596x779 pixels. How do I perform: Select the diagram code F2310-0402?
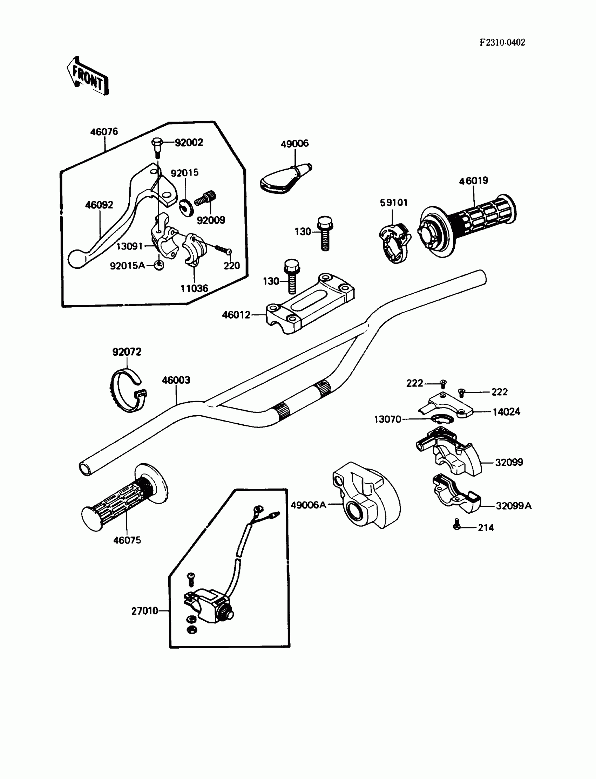(502, 42)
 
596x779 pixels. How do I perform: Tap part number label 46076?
(104, 132)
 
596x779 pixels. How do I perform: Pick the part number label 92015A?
(127, 266)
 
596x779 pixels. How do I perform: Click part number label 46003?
(176, 380)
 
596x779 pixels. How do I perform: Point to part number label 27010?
(144, 611)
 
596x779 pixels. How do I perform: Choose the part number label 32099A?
(513, 506)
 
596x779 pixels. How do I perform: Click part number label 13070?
(387, 419)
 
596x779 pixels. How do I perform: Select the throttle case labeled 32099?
(451, 452)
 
